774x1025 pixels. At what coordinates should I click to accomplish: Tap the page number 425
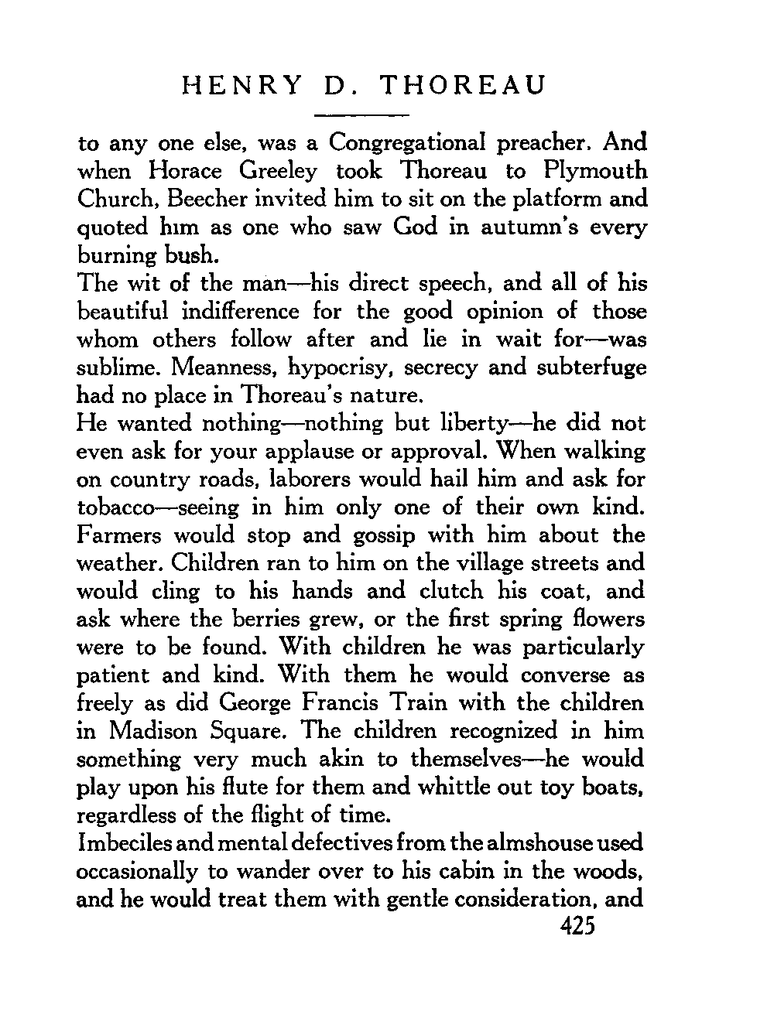pyautogui.click(x=574, y=927)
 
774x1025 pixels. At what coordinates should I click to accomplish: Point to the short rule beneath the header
pyautogui.click(x=361, y=115)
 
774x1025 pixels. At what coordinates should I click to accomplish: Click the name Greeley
pyautogui.click(x=277, y=171)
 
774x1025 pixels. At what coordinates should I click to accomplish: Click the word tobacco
pyautogui.click(x=115, y=507)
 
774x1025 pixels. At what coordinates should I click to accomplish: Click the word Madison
pyautogui.click(x=152, y=731)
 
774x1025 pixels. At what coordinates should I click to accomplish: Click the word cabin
pyautogui.click(x=444, y=872)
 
